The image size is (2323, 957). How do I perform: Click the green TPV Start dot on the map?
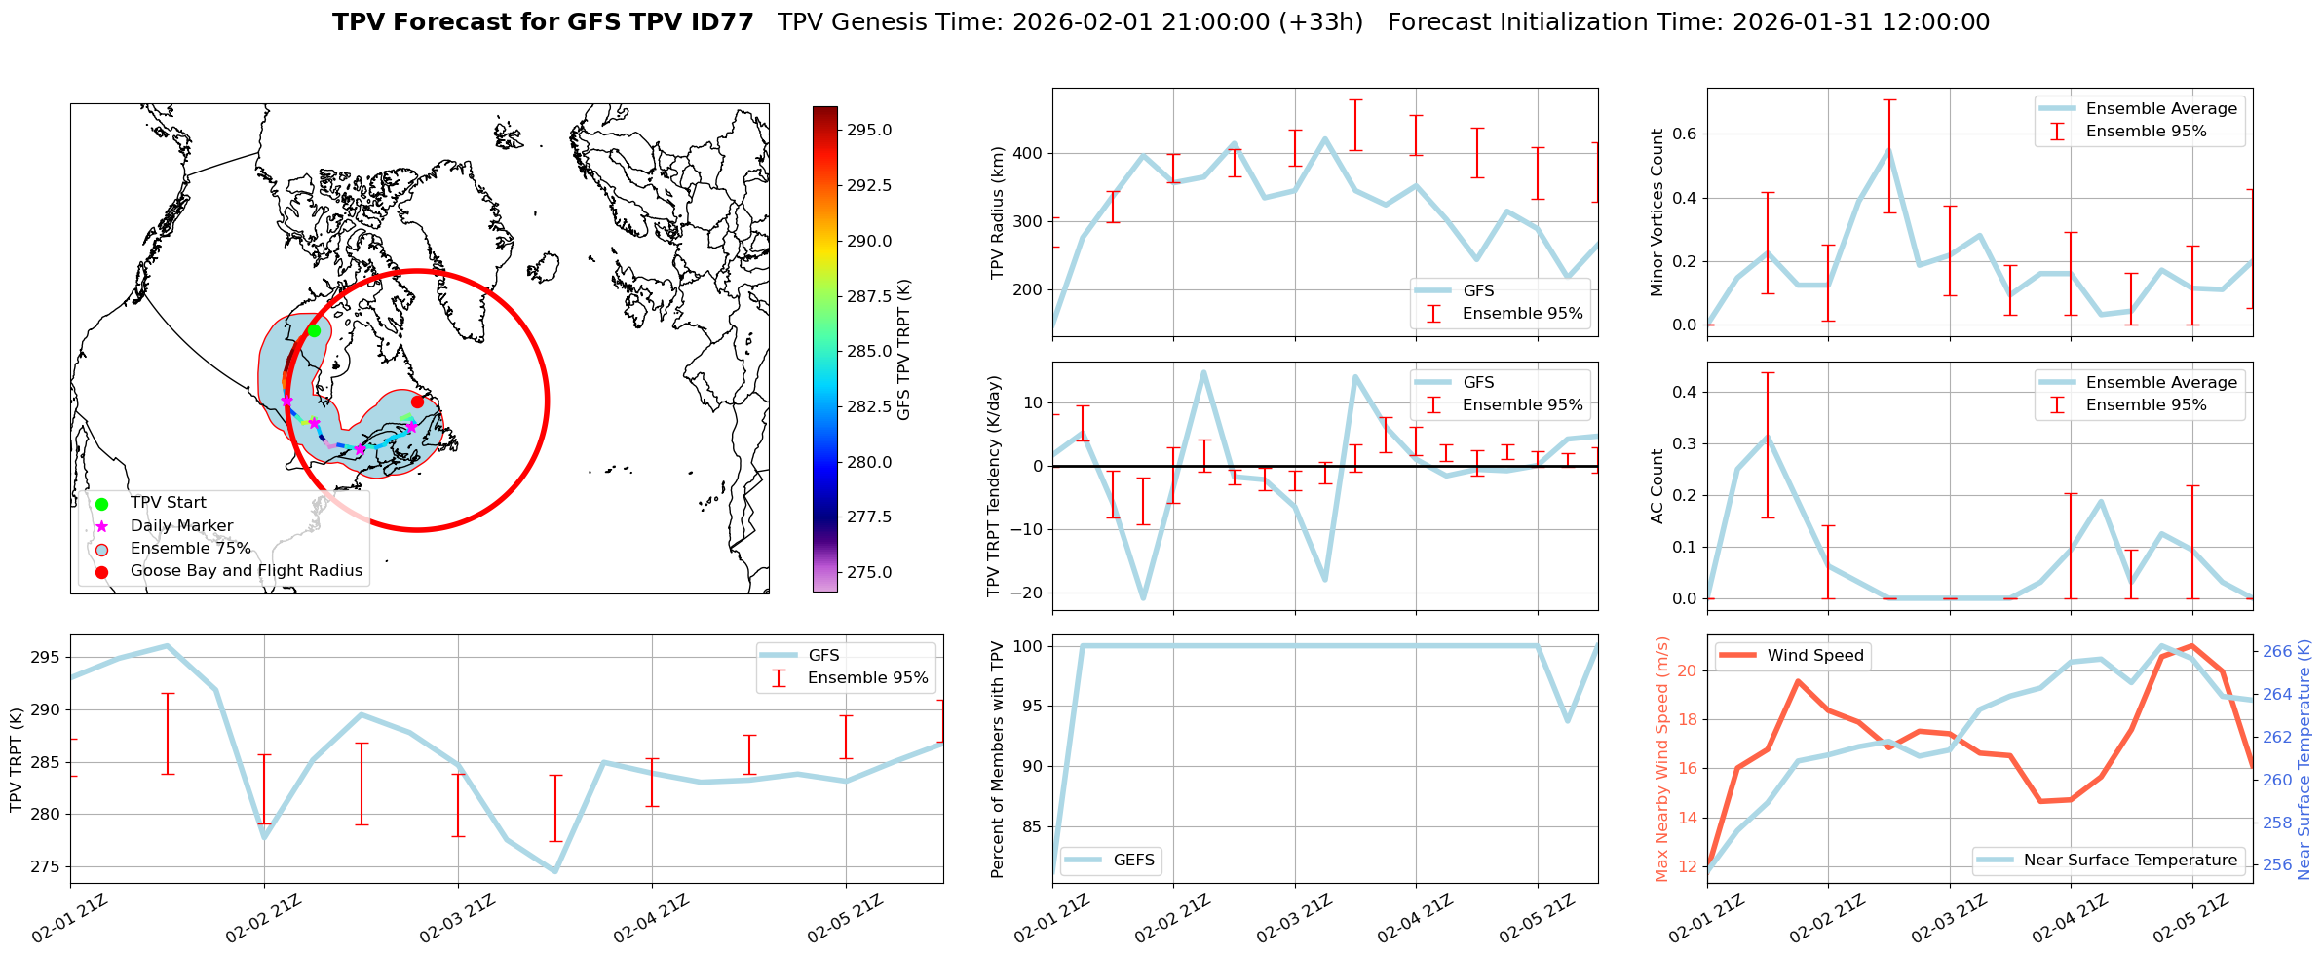(x=314, y=330)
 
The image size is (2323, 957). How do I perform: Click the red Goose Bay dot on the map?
(x=417, y=402)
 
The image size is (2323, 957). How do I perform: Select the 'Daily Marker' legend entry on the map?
(x=181, y=525)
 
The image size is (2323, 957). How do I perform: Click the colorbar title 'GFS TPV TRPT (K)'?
(x=904, y=349)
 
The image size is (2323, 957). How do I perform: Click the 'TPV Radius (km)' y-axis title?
(x=997, y=212)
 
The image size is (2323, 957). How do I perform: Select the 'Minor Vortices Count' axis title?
(x=1657, y=212)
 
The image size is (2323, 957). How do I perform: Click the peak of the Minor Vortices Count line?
(x=1888, y=151)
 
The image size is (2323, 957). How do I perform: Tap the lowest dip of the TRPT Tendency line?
(x=1143, y=597)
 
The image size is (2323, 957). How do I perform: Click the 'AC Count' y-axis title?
(x=1657, y=486)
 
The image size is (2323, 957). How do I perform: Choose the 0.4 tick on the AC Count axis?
(x=1683, y=392)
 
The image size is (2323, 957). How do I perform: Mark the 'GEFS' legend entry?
(x=1133, y=860)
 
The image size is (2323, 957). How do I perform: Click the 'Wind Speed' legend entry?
(x=1815, y=655)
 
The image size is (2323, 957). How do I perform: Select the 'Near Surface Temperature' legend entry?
(x=2130, y=860)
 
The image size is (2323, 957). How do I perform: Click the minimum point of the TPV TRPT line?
(x=555, y=871)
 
